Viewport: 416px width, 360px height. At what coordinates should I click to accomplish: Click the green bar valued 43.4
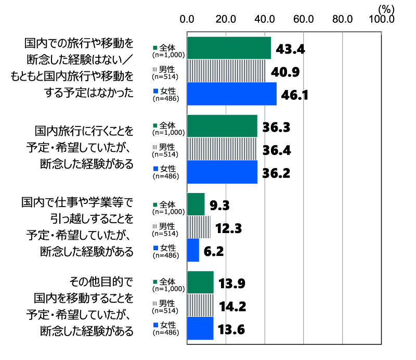pyautogui.click(x=229, y=48)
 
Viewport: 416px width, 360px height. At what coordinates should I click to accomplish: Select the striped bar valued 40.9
pyautogui.click(x=226, y=71)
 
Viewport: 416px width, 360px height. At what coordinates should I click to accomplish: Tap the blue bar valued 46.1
pyautogui.click(x=231, y=94)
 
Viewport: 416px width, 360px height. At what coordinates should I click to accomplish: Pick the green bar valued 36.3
pyautogui.click(x=222, y=126)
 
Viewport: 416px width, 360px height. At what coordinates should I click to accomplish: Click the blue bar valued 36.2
pyautogui.click(x=222, y=172)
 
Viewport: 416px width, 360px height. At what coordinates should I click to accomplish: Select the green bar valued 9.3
pyautogui.click(x=196, y=204)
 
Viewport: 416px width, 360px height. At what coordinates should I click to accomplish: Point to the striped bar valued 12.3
pyautogui.click(x=199, y=227)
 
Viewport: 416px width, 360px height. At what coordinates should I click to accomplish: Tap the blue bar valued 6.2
pyautogui.click(x=193, y=250)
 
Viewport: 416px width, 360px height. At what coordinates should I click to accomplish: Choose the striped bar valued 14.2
pyautogui.click(x=200, y=305)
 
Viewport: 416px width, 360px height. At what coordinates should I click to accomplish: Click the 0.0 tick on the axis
pyautogui.click(x=187, y=19)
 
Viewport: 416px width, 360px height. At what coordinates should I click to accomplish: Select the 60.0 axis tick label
pyautogui.click(x=303, y=19)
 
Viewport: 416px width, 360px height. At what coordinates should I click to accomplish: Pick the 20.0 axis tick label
pyautogui.click(x=226, y=19)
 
